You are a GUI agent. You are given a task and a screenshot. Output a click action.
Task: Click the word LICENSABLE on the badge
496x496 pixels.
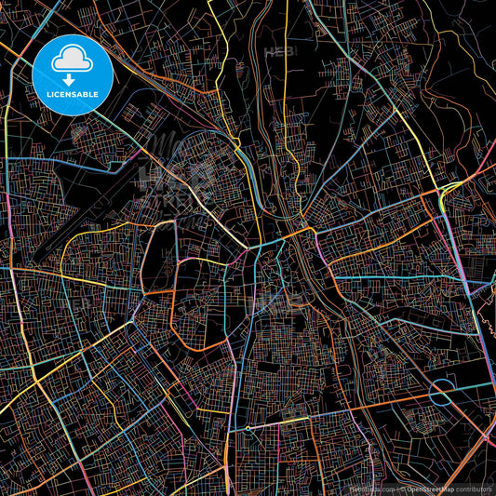tap(73, 93)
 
